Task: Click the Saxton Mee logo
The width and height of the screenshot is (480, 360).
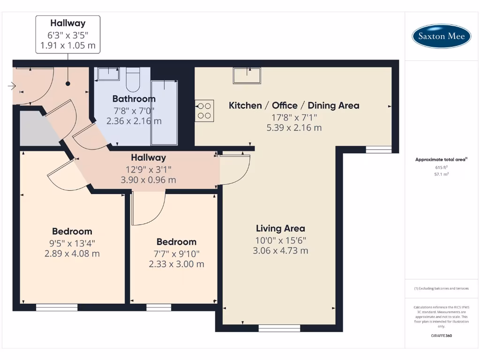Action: click(441, 36)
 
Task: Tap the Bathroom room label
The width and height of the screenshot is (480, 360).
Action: click(134, 99)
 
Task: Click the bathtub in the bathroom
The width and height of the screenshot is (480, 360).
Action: click(164, 112)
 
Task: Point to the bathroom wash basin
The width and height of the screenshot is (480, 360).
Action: click(108, 74)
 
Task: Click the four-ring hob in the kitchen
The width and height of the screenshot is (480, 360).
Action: click(204, 111)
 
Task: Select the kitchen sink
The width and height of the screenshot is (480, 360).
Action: click(247, 75)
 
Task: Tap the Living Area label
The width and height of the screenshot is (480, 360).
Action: click(280, 229)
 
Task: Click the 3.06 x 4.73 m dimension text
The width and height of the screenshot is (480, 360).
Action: click(280, 250)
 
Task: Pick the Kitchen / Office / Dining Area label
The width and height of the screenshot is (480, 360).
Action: click(294, 105)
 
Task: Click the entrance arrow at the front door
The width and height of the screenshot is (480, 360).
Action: click(12, 86)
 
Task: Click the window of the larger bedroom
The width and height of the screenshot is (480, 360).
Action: click(57, 307)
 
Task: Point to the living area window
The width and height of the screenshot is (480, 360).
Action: click(279, 328)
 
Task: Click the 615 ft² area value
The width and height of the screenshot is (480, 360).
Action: click(441, 167)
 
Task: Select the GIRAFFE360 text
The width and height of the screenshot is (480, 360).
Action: click(441, 336)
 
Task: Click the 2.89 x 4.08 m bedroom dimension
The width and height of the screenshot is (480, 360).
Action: click(72, 254)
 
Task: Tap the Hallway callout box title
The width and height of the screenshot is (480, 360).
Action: click(68, 23)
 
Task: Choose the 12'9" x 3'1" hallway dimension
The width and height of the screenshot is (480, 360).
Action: click(148, 169)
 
